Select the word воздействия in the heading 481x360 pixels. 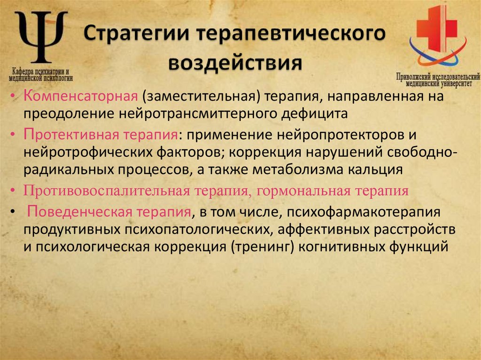(234, 62)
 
